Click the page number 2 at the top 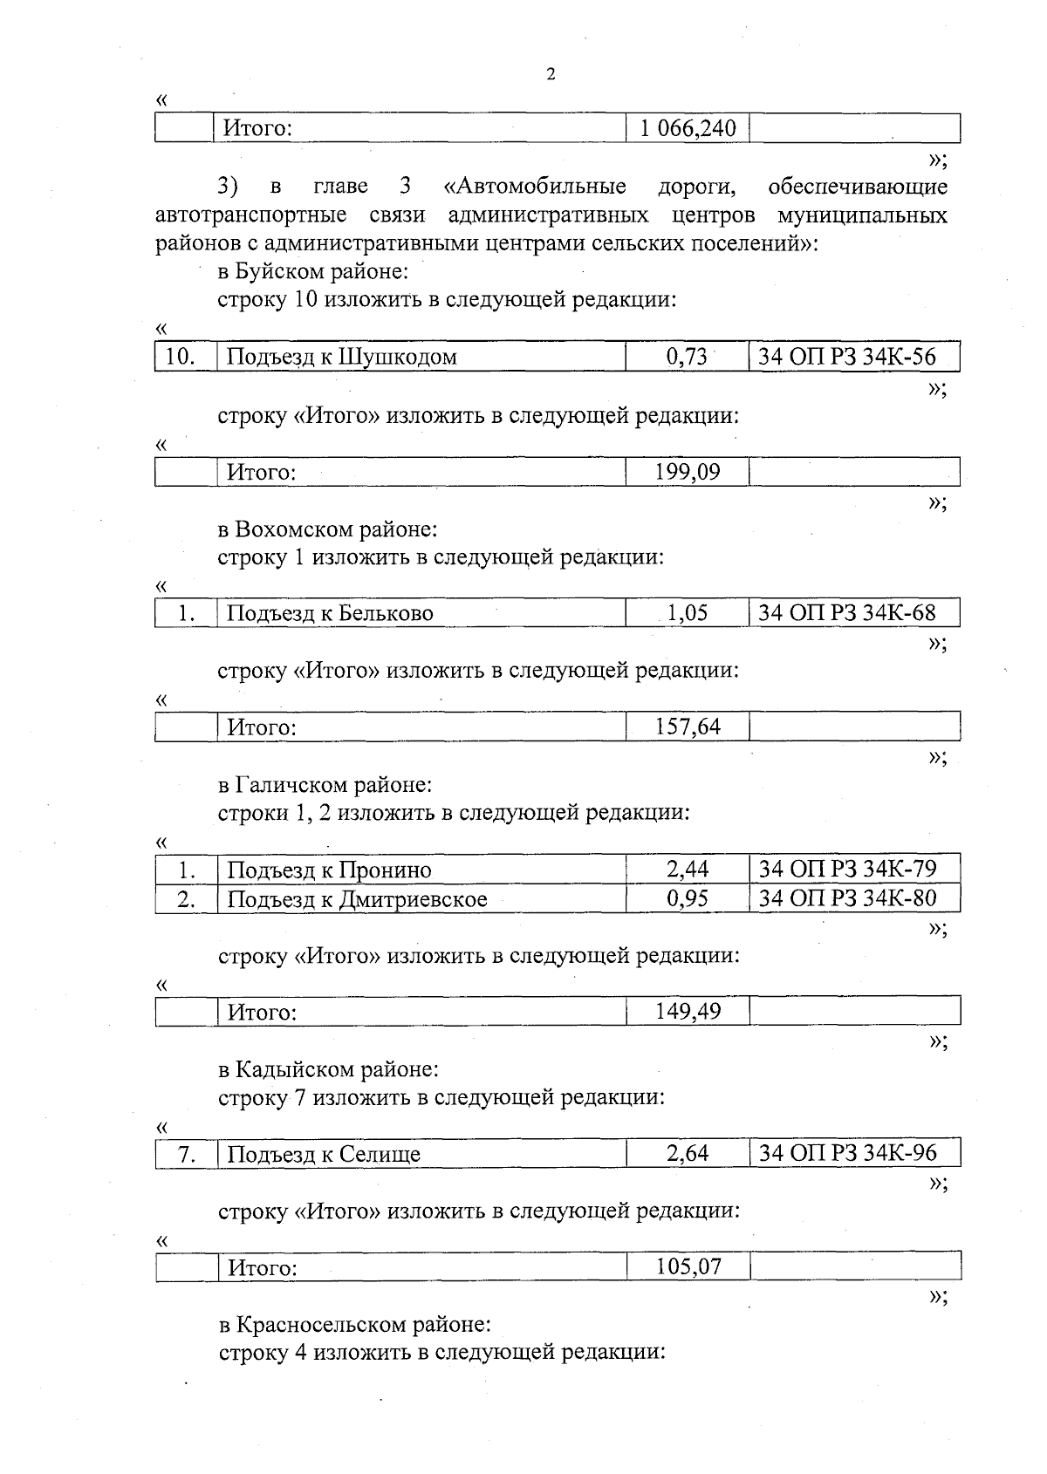coord(551,74)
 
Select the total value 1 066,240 coord(688,129)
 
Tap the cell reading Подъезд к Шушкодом coord(341,357)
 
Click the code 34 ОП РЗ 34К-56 coord(846,356)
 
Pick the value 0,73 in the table coord(687,356)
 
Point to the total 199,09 coord(688,472)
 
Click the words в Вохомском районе coord(327,529)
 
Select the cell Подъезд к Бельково coord(330,613)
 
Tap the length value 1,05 coord(687,612)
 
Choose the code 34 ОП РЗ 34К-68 coord(846,612)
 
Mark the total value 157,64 coord(688,726)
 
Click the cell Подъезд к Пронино coord(329,870)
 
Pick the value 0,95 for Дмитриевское coord(687,897)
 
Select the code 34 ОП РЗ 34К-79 coord(847,869)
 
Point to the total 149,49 coord(688,1011)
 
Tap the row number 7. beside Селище coord(186,1154)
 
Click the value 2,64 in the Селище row coord(687,1153)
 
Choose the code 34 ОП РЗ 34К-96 coord(847,1153)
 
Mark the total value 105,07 coord(688,1266)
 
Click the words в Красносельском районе coord(354,1325)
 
